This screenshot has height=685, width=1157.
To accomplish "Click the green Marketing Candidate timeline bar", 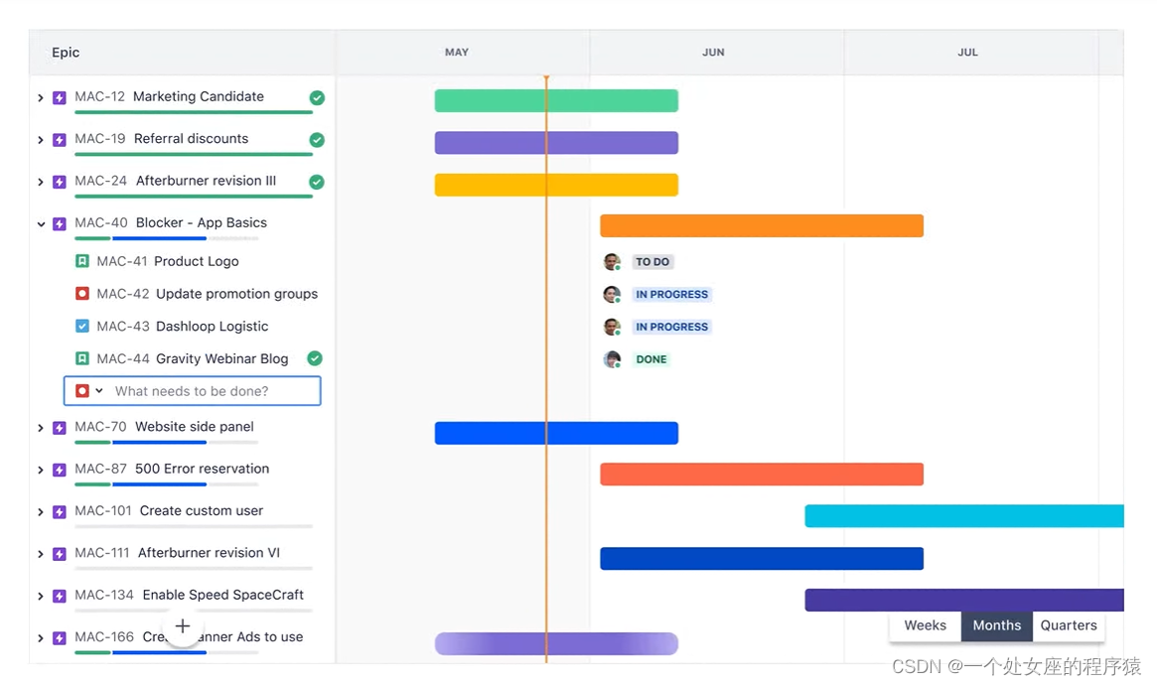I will click(x=556, y=100).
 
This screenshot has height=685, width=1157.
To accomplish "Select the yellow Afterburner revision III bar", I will click(x=556, y=185).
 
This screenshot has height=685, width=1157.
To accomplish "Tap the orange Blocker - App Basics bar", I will click(x=761, y=225).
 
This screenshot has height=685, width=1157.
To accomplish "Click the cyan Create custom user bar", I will click(x=963, y=516).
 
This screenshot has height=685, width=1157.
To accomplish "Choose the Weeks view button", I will click(x=925, y=625).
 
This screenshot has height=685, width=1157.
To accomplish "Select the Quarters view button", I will click(x=1069, y=625).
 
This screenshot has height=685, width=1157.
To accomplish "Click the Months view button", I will click(x=996, y=625).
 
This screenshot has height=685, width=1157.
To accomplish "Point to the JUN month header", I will click(x=713, y=53).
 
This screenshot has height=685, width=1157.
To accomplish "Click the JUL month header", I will click(x=967, y=53).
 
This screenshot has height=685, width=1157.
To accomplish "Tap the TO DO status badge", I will click(x=652, y=262).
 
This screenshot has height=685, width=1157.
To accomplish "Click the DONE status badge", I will click(x=651, y=359).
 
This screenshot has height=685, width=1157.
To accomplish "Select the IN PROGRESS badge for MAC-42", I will click(x=671, y=295).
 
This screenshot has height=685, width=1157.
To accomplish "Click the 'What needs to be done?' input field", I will click(x=209, y=391).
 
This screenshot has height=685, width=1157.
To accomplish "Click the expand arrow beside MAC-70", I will click(x=41, y=428).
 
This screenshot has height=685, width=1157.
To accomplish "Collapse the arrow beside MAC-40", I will click(x=41, y=224).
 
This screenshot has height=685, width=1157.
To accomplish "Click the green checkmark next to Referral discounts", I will click(x=317, y=140).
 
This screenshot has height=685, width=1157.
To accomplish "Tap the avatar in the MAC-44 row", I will click(x=612, y=359).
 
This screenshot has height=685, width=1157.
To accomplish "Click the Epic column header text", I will click(x=66, y=53).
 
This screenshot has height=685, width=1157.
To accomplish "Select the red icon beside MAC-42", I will click(x=82, y=294).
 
